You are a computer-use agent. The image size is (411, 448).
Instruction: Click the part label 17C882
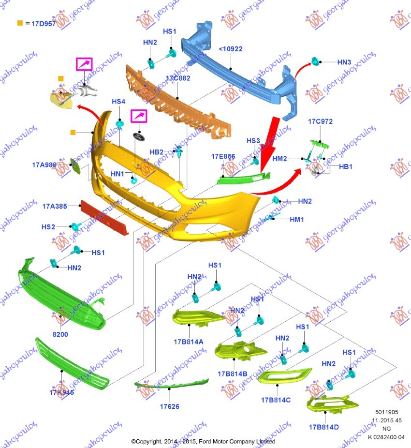point(178,78)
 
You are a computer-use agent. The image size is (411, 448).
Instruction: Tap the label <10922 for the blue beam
point(231,49)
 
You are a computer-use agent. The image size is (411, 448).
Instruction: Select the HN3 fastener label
point(344,62)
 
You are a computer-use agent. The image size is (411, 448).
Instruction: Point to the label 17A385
point(54,206)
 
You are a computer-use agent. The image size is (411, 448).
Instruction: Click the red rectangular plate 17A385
point(104,217)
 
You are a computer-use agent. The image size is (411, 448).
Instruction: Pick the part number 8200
point(60,334)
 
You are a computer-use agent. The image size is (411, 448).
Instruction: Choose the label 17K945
point(61,392)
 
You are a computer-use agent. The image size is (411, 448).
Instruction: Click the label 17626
point(169,406)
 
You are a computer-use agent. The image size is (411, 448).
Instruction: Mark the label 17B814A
point(189,342)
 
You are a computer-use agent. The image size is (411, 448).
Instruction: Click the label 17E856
point(223,157)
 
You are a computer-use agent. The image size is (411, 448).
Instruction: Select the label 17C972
point(320,121)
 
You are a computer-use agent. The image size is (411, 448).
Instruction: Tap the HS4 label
point(118,102)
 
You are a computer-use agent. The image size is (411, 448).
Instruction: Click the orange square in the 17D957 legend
point(20,23)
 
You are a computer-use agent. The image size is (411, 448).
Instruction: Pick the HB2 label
point(156,152)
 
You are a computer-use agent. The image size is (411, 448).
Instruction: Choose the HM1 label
point(297,219)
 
